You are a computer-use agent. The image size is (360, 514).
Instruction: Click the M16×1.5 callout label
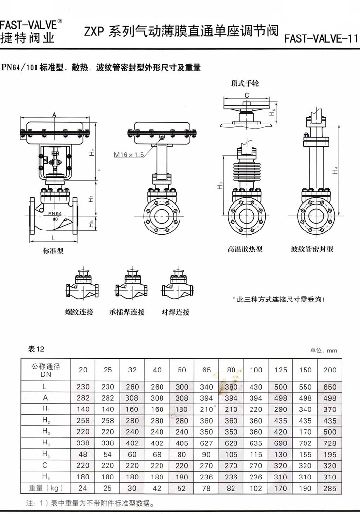(129, 155)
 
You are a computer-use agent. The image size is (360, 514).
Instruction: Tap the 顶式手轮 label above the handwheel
(245, 83)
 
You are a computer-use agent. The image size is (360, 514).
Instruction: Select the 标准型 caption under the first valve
(53, 251)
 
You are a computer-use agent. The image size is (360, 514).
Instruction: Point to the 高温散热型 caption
(245, 249)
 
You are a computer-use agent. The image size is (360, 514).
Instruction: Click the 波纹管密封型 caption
(312, 249)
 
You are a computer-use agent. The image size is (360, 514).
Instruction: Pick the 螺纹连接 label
(79, 312)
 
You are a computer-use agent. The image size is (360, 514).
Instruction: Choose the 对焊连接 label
(176, 312)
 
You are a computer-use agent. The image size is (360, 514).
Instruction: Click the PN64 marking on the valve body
(55, 213)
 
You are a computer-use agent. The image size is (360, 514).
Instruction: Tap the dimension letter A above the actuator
(54, 114)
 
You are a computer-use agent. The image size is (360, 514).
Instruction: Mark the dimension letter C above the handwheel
(247, 95)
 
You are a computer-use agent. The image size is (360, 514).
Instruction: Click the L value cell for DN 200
(330, 387)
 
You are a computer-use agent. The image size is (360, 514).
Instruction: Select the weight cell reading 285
(330, 488)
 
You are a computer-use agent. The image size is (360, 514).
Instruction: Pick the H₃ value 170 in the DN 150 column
(305, 432)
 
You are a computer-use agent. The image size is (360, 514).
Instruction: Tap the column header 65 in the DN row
(206, 370)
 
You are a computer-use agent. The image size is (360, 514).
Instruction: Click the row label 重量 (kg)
(46, 488)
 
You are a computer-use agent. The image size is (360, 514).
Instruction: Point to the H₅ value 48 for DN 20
(83, 455)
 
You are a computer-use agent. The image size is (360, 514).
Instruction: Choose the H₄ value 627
(206, 443)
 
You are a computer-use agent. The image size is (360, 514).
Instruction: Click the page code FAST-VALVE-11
(321, 39)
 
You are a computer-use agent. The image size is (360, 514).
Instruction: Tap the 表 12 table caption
(36, 349)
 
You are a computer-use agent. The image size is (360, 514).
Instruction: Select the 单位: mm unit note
(324, 351)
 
